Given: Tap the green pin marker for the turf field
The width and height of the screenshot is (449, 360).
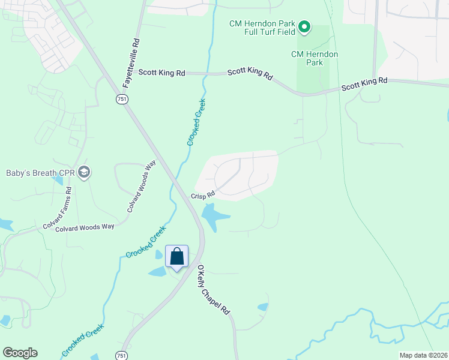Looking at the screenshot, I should pyautogui.click(x=304, y=26).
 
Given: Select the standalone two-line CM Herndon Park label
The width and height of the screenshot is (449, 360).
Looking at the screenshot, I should pyautogui.click(x=315, y=58).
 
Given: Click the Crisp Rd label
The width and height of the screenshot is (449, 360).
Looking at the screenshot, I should pyautogui.click(x=203, y=195).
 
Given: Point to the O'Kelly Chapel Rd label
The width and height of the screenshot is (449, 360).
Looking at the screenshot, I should pyautogui.click(x=214, y=290).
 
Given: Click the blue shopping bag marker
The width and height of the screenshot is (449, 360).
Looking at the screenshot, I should pyautogui.click(x=177, y=257).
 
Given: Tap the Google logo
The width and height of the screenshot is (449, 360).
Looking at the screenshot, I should pyautogui.click(x=20, y=353).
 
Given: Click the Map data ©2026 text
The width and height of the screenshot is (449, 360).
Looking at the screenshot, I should pyautogui.click(x=423, y=355).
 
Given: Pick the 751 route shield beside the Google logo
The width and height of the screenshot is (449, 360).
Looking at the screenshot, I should pyautogui.click(x=122, y=355).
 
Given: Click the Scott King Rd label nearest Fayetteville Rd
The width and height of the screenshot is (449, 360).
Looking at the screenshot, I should pyautogui.click(x=161, y=73).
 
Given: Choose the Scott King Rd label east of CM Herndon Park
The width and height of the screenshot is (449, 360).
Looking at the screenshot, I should pyautogui.click(x=364, y=84).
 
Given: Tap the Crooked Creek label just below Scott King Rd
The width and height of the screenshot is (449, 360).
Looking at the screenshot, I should pyautogui.click(x=196, y=122).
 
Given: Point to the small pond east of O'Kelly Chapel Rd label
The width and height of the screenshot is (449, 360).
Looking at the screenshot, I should pyautogui.click(x=263, y=307).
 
